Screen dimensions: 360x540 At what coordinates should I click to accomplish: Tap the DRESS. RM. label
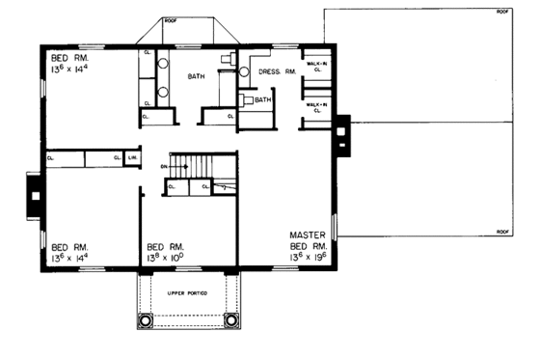pyautogui.click(x=277, y=72)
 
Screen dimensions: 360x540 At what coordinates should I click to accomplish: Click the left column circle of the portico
pyautogui.click(x=146, y=319)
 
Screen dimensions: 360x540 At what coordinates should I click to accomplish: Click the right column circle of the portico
pyautogui.click(x=230, y=319)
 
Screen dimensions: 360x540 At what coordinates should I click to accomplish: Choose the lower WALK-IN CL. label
pyautogui.click(x=315, y=106)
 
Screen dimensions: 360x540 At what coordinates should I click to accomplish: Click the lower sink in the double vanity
pyautogui.click(x=163, y=93)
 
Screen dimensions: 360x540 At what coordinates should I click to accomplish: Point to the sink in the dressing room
pyautogui.click(x=245, y=69)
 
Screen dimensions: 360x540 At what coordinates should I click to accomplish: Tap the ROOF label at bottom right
pyautogui.click(x=501, y=233)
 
